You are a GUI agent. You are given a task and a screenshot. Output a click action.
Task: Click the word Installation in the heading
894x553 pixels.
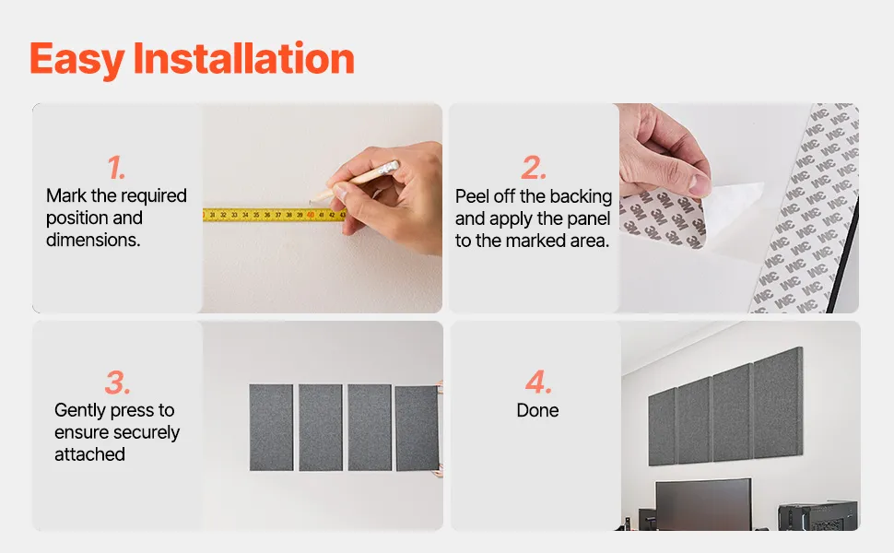pyautogui.click(x=243, y=58)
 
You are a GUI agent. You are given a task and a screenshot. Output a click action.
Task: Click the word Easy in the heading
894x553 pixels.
pyautogui.click(x=76, y=61)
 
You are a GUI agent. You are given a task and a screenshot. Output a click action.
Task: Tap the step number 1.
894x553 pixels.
pyautogui.click(x=116, y=168)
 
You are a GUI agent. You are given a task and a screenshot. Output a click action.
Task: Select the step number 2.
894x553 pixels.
pyautogui.click(x=534, y=168)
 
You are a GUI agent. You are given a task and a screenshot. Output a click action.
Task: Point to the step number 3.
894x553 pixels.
pyautogui.click(x=117, y=382)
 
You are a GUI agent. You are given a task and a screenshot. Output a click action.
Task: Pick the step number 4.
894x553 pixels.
pyautogui.click(x=538, y=382)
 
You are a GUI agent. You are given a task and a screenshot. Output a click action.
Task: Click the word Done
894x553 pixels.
pyautogui.click(x=537, y=410)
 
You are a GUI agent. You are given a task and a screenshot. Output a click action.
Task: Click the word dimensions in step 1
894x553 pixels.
pyautogui.click(x=93, y=240)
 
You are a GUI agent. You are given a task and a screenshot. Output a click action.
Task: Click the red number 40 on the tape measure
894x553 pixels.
pyautogui.click(x=311, y=215)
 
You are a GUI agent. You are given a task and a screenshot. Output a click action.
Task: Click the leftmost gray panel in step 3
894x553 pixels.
pyautogui.click(x=271, y=428)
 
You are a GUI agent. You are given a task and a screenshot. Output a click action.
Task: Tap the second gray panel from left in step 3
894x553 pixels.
pyautogui.click(x=321, y=428)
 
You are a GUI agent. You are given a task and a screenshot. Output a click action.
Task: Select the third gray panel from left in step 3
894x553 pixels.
pyautogui.click(x=370, y=428)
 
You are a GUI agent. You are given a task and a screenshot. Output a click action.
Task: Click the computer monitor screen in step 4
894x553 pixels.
pyautogui.click(x=703, y=504)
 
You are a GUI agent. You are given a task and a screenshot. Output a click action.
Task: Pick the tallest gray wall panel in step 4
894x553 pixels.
pyautogui.click(x=778, y=403)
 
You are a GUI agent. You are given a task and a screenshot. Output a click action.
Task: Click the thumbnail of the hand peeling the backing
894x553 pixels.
pyautogui.click(x=739, y=208)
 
